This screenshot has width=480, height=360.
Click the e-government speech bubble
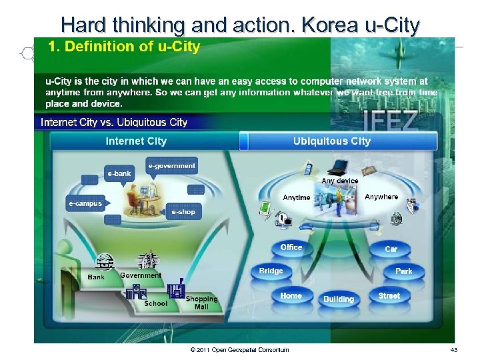(x=172, y=166)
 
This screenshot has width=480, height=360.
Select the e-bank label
(x=120, y=174)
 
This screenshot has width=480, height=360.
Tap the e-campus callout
(x=85, y=203)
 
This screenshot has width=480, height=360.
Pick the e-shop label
(x=183, y=212)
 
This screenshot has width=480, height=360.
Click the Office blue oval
(x=291, y=248)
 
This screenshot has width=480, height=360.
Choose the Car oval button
(x=391, y=249)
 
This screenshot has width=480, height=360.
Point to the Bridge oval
(x=271, y=271)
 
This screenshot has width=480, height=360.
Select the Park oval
(x=403, y=271)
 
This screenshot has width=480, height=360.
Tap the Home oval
(x=291, y=296)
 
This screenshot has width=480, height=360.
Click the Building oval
(x=339, y=299)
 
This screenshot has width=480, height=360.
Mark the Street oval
(x=389, y=296)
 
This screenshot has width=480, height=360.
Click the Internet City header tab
(x=136, y=141)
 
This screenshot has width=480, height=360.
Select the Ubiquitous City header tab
(x=332, y=141)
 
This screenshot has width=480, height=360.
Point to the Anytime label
(x=297, y=198)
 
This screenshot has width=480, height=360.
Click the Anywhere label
(x=381, y=197)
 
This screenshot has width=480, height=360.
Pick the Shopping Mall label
(x=201, y=303)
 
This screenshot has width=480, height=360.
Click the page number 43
(x=453, y=350)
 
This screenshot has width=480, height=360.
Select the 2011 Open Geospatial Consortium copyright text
(x=239, y=350)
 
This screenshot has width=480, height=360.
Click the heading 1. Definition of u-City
(x=123, y=47)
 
